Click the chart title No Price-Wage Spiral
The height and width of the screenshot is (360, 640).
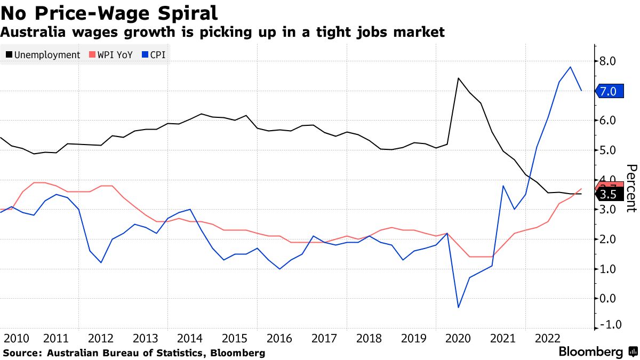coord(109,12)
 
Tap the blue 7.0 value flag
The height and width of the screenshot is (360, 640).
coord(607,91)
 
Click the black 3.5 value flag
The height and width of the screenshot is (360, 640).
coord(607,195)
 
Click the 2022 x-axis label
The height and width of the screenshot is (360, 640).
coord(547,339)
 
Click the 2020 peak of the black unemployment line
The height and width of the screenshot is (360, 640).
coord(458,78)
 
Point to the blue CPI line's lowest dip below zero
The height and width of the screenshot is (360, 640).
coord(458,307)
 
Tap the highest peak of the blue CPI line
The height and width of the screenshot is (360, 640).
coord(571,67)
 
